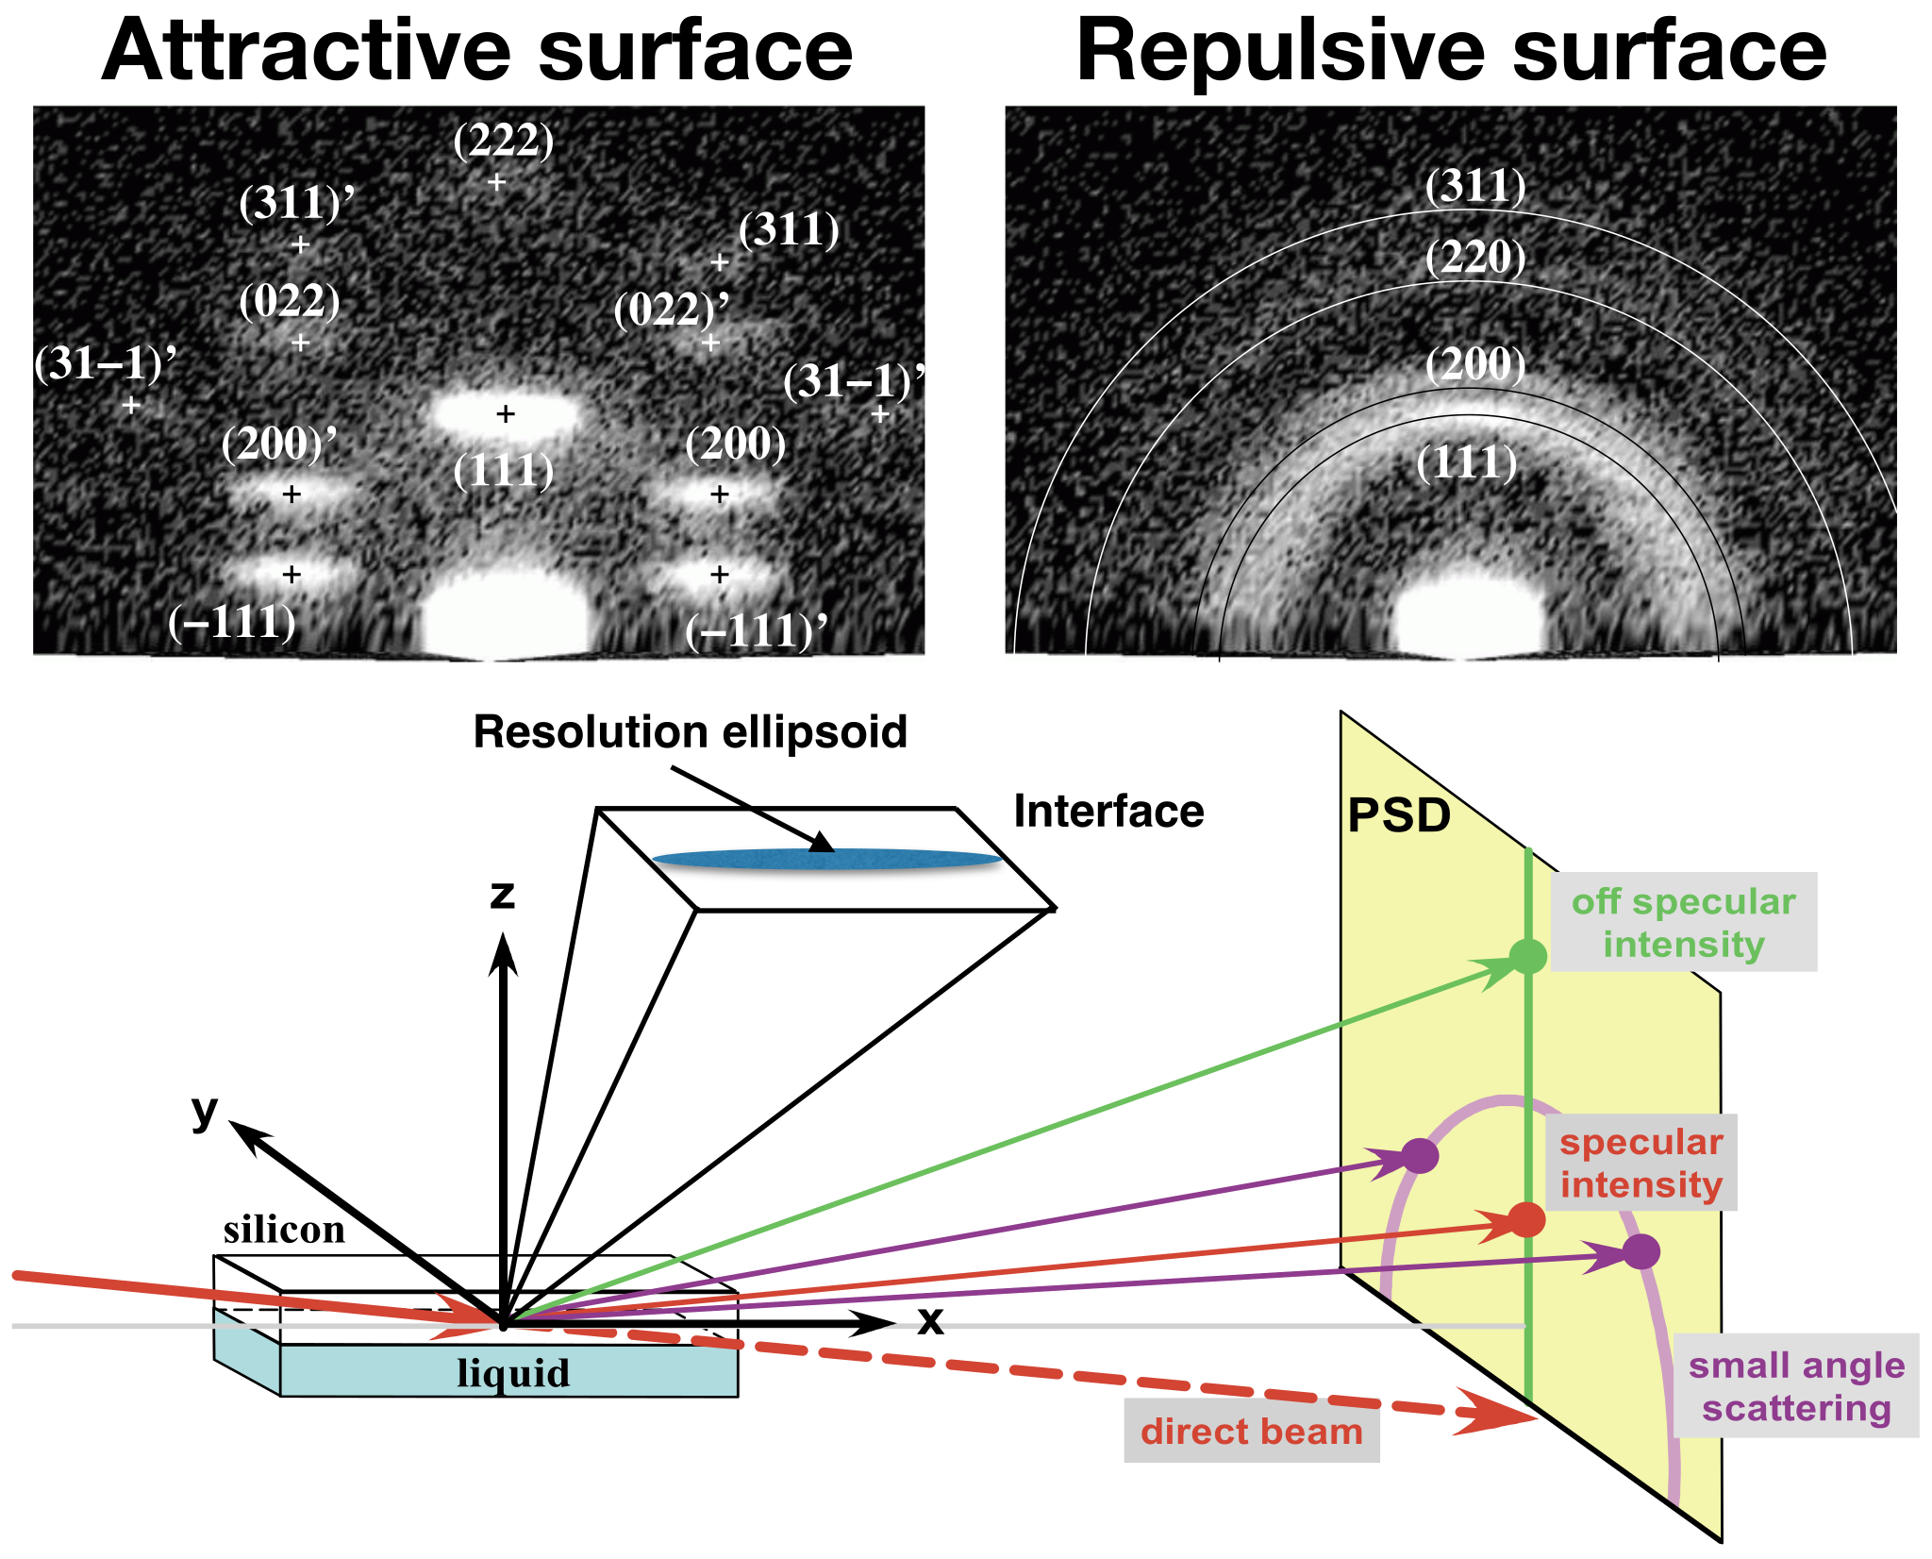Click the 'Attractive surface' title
pos(476,51)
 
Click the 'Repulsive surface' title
pos(1451,51)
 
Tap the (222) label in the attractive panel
pos(503,141)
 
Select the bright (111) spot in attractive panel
pos(506,413)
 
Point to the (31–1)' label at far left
pos(105,363)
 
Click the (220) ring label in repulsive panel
pos(1475,258)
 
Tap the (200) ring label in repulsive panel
pos(1475,364)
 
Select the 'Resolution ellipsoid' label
pos(690,732)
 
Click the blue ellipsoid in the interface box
pos(826,859)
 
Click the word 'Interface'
pos(1108,812)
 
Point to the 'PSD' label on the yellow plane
pos(1398,816)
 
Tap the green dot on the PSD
pos(1528,956)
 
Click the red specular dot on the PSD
pos(1526,1219)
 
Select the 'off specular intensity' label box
pos(1684,922)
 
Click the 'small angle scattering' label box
pos(1796,1385)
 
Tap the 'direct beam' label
pos(1251,1432)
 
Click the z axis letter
pos(502,895)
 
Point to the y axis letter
pos(204,1111)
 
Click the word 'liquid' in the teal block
pos(513,1373)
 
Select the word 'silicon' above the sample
pos(284,1230)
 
